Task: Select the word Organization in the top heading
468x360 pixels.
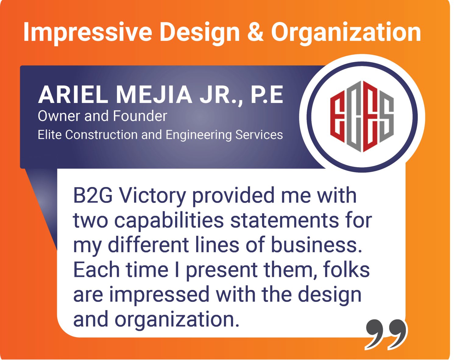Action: coord(346,32)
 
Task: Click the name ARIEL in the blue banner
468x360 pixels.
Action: coord(73,95)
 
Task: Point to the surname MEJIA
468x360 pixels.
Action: coord(154,95)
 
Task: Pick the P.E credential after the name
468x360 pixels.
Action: coord(267,95)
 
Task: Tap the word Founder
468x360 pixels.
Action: coord(140,116)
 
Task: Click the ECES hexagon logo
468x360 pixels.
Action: coord(362,117)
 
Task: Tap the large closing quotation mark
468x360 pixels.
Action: coord(386,334)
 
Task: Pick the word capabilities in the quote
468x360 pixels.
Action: coord(169,221)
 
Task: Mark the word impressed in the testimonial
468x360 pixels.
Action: coord(159,295)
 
